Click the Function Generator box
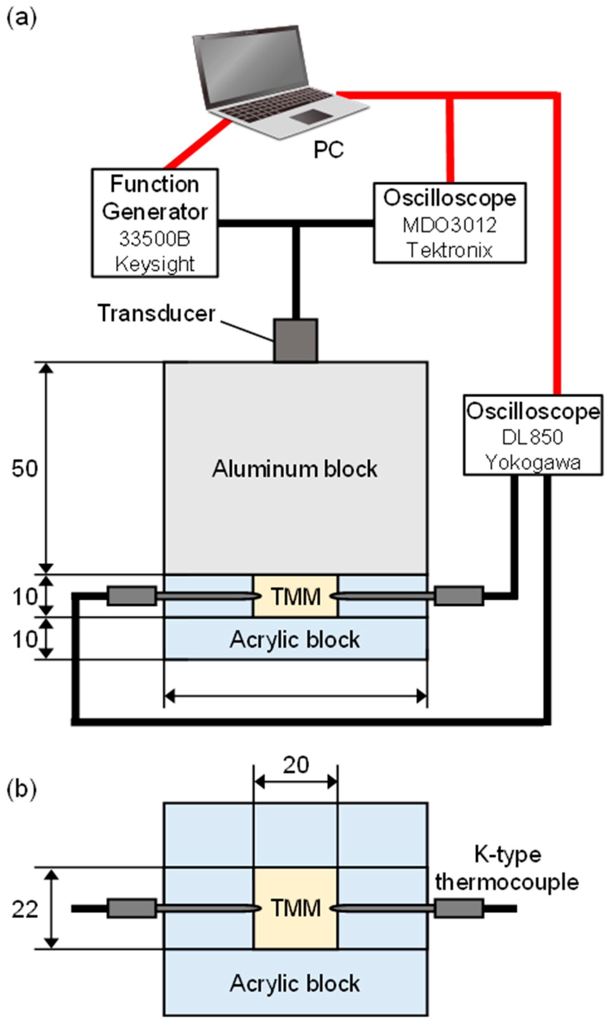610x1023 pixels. [x=155, y=223]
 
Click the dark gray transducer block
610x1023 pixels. [x=295, y=341]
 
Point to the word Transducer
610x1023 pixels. [x=156, y=314]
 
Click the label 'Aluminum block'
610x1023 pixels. [x=295, y=469]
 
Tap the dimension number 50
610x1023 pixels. [x=25, y=468]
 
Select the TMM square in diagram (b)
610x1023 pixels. [x=295, y=908]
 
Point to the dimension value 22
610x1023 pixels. [x=25, y=910]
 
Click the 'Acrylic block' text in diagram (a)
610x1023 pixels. [x=295, y=639]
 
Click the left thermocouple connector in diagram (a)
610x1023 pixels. [x=131, y=596]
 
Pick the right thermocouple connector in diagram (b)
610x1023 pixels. [x=459, y=908]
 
